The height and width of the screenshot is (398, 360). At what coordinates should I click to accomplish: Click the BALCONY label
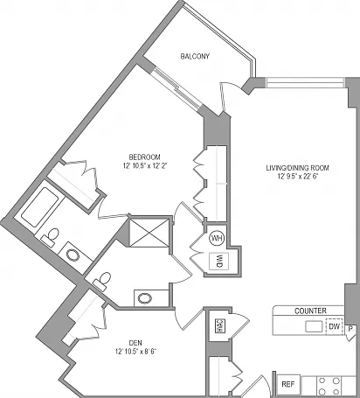click(195, 56)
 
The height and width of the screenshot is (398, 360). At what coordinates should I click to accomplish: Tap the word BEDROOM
click(144, 157)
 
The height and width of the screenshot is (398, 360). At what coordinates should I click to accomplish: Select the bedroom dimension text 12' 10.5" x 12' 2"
click(145, 166)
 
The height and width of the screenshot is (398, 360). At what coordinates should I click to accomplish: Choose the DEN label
click(135, 343)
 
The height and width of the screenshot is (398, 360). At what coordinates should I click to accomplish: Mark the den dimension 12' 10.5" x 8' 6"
click(135, 352)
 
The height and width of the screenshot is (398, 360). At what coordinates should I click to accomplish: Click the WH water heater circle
click(217, 238)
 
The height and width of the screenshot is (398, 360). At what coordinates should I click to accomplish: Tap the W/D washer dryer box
click(219, 262)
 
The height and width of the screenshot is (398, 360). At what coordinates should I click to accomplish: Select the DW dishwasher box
click(335, 326)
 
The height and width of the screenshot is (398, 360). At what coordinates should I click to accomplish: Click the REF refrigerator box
click(288, 384)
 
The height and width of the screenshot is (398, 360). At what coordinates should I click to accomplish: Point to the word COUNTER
click(310, 311)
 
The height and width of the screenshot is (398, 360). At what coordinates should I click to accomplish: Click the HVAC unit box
click(219, 325)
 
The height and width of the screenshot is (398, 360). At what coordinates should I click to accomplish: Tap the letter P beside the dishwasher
click(351, 329)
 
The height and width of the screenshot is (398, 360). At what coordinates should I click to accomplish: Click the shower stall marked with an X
click(149, 233)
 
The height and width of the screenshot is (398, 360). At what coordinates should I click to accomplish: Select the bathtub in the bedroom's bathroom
click(39, 207)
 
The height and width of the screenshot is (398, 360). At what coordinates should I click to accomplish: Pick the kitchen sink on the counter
click(314, 326)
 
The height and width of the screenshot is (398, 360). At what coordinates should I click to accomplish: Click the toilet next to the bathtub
click(51, 237)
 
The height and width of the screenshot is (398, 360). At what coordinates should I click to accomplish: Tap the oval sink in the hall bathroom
click(145, 298)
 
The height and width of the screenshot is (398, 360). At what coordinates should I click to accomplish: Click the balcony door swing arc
click(230, 85)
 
